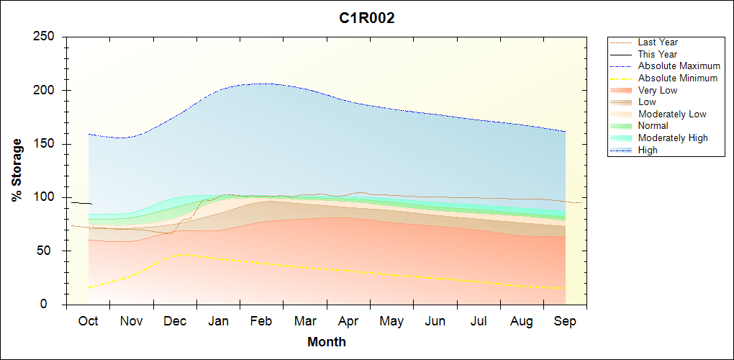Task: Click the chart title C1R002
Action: (x=367, y=19)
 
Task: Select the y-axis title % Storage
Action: (x=17, y=170)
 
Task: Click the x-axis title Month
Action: (x=327, y=342)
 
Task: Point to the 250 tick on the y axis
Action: (x=47, y=37)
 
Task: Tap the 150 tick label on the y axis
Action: (x=47, y=144)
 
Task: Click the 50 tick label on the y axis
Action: (x=50, y=251)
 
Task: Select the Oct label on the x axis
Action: (x=88, y=321)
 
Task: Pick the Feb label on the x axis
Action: (x=261, y=321)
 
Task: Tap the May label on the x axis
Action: (x=391, y=321)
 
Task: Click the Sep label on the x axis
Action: (x=565, y=321)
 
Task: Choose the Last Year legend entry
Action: (x=658, y=42)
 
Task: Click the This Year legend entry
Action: (x=658, y=54)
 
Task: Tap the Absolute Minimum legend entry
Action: (x=678, y=78)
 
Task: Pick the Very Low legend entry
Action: (x=658, y=90)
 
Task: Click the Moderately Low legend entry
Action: (x=672, y=114)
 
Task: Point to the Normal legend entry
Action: (x=653, y=126)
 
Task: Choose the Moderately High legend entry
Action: (x=673, y=138)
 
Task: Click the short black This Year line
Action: (x=81, y=203)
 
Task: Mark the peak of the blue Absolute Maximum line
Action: (x=262, y=84)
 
